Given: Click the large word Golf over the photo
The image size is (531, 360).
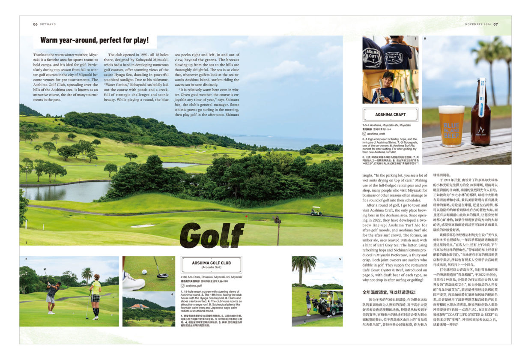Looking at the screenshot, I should (212, 235).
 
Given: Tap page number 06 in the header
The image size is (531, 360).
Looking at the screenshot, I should (36, 24).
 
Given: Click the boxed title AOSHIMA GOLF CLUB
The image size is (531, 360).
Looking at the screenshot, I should (211, 263).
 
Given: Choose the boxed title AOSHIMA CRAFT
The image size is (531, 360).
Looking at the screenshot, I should (390, 115).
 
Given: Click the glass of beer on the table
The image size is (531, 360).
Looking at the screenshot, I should (451, 126).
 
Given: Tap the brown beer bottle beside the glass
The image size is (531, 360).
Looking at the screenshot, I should (481, 113).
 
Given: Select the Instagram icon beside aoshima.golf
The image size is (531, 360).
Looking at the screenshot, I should (183, 285).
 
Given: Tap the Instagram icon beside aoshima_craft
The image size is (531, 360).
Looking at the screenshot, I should (364, 134).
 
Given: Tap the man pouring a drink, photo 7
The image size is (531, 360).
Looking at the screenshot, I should (387, 88).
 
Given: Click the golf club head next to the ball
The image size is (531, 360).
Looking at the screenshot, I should (162, 275).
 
